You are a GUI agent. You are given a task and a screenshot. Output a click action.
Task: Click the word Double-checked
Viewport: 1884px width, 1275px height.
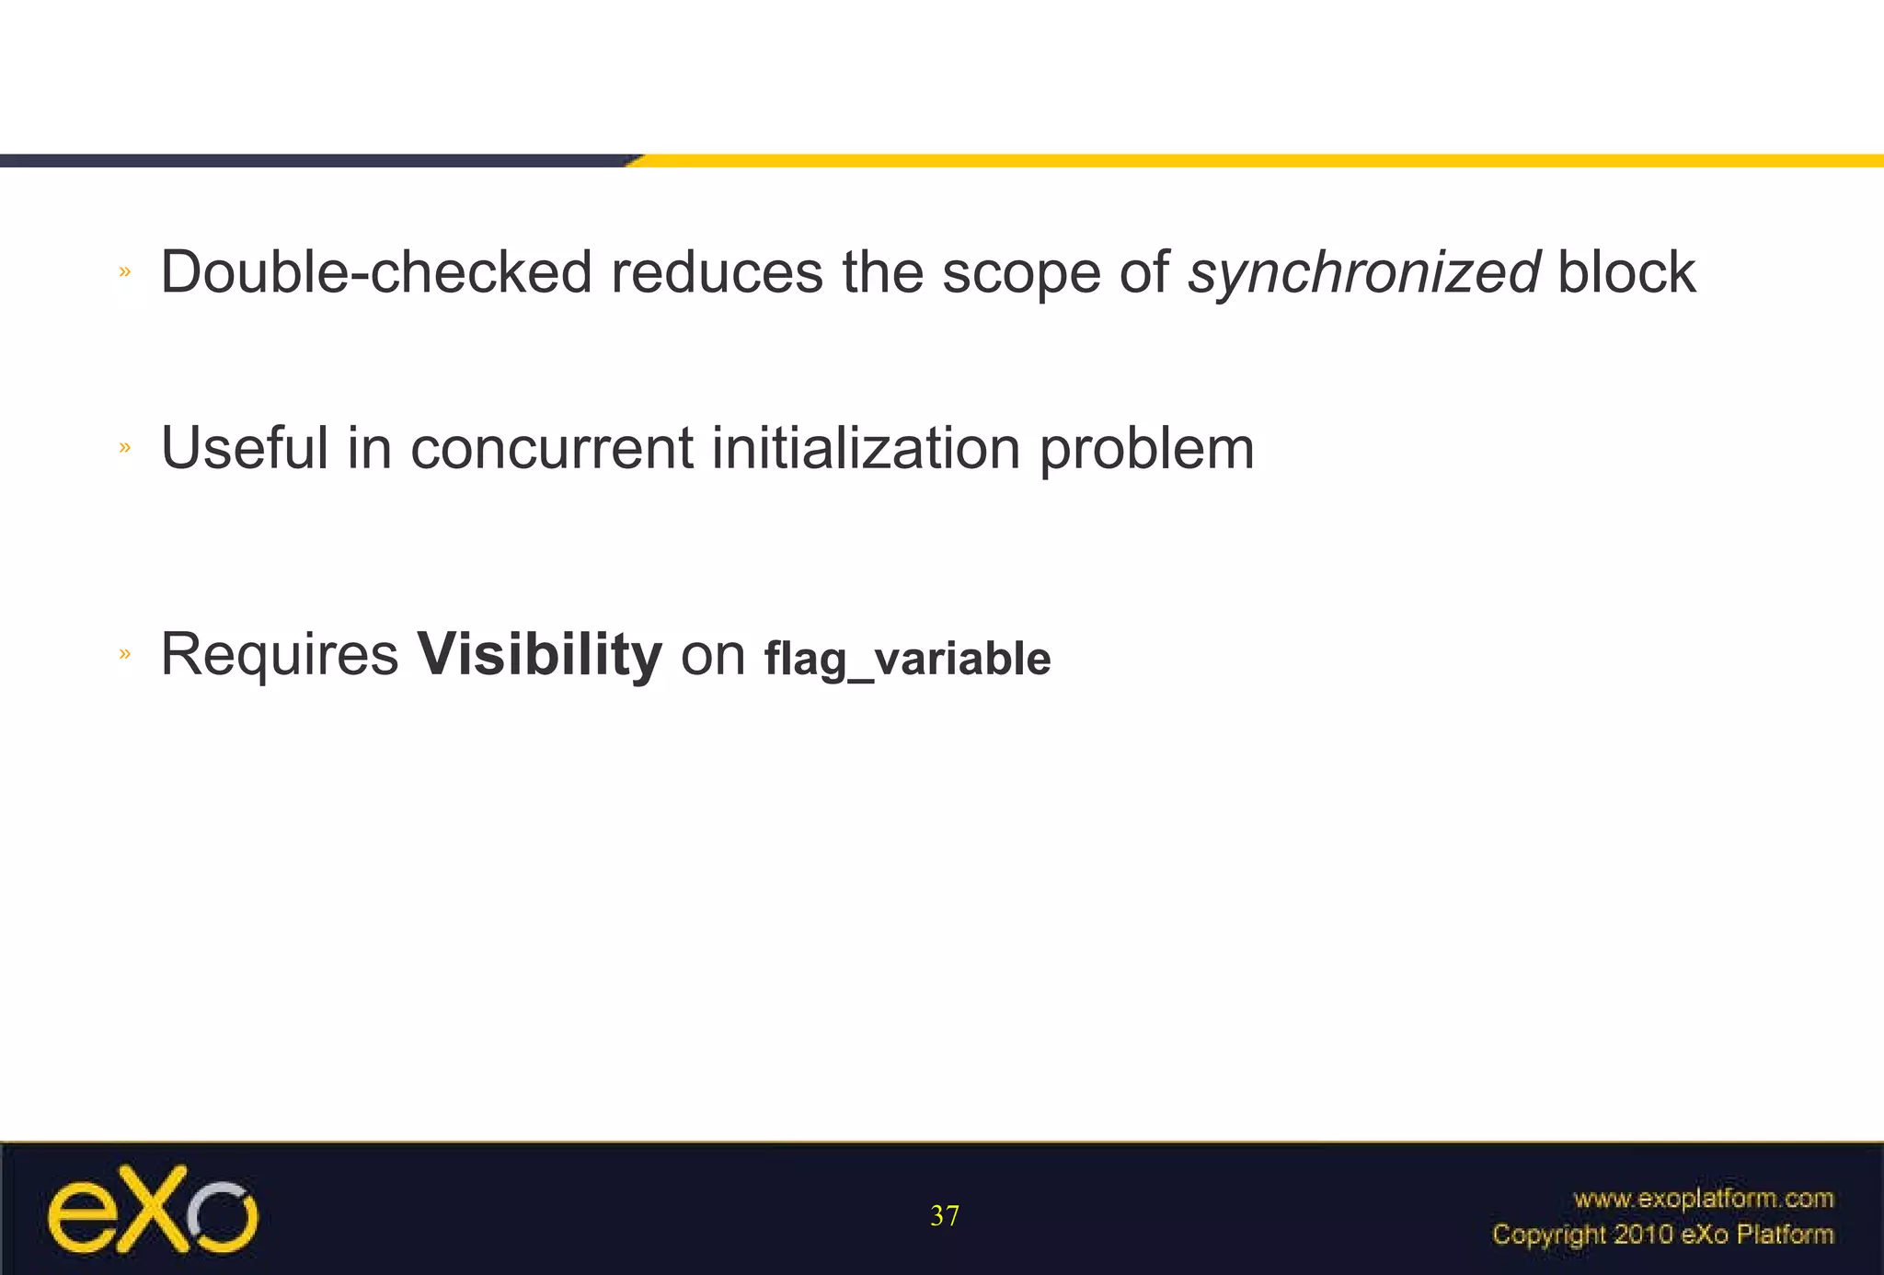pyautogui.click(x=375, y=273)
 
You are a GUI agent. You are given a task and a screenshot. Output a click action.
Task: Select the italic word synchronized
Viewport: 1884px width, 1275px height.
pyautogui.click(x=1362, y=273)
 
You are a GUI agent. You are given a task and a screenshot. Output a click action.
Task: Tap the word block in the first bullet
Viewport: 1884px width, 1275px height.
pyautogui.click(x=1626, y=273)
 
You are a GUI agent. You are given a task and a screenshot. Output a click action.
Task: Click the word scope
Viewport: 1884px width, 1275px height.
pyautogui.click(x=1021, y=273)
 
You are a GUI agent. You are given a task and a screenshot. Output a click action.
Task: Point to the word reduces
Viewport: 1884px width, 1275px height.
pyautogui.click(x=717, y=273)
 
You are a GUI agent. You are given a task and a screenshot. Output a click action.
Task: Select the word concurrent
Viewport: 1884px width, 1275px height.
pyautogui.click(x=551, y=449)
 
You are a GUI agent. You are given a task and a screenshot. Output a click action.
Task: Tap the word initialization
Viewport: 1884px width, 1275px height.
pyautogui.click(x=866, y=449)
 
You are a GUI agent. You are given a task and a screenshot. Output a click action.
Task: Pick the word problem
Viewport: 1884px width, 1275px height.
pyautogui.click(x=1146, y=449)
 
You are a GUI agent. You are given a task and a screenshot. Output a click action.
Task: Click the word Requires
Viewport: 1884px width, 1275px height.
pyautogui.click(x=279, y=655)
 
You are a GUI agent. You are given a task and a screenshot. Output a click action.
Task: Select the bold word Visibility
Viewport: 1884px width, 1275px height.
pyautogui.click(x=539, y=655)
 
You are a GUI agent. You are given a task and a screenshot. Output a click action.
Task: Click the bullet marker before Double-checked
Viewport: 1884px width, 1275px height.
pyautogui.click(x=125, y=271)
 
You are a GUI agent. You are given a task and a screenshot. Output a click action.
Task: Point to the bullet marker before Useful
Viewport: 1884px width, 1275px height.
pyautogui.click(x=125, y=448)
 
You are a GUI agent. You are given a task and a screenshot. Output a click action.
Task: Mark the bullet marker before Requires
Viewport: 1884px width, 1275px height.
pyautogui.click(x=125, y=654)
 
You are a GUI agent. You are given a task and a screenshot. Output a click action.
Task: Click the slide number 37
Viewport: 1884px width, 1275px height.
pyautogui.click(x=944, y=1216)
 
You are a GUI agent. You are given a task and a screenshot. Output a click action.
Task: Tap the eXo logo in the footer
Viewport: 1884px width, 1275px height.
pyautogui.click(x=152, y=1210)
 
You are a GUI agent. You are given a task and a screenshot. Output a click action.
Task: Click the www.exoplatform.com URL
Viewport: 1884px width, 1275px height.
pyautogui.click(x=1703, y=1199)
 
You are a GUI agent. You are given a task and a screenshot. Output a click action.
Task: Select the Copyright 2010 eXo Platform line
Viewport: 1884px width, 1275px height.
pyautogui.click(x=1662, y=1235)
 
